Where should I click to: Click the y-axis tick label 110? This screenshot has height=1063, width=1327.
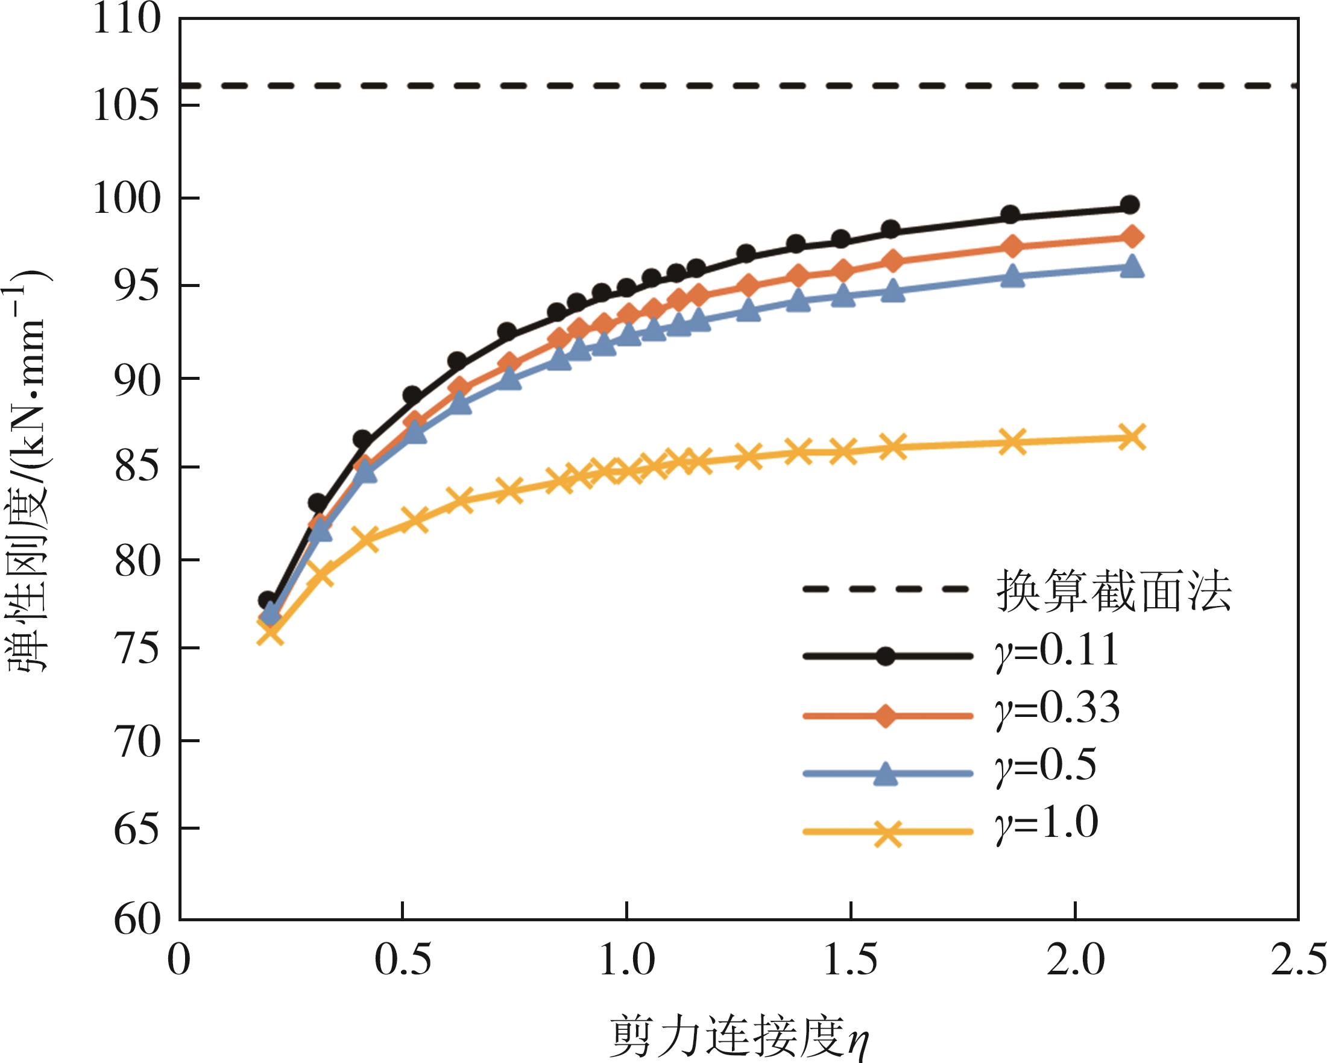(x=126, y=20)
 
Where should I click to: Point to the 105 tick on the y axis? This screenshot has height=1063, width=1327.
(x=126, y=107)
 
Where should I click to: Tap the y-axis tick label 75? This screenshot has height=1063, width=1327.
(x=137, y=649)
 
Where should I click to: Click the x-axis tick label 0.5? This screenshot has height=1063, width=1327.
(x=403, y=962)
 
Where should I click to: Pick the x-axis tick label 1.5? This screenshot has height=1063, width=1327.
(x=850, y=962)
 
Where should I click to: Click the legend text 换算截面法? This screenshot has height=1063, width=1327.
(x=1114, y=591)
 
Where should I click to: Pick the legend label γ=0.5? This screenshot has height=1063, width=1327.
(x=1045, y=766)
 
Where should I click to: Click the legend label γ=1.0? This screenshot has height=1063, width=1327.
(x=1046, y=823)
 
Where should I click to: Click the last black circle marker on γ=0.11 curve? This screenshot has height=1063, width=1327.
(x=1129, y=205)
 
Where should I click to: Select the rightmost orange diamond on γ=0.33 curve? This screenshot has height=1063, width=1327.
(x=1131, y=236)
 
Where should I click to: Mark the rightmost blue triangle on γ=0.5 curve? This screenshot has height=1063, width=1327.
(x=1131, y=268)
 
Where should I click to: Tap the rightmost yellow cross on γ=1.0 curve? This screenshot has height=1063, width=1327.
(x=1131, y=438)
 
